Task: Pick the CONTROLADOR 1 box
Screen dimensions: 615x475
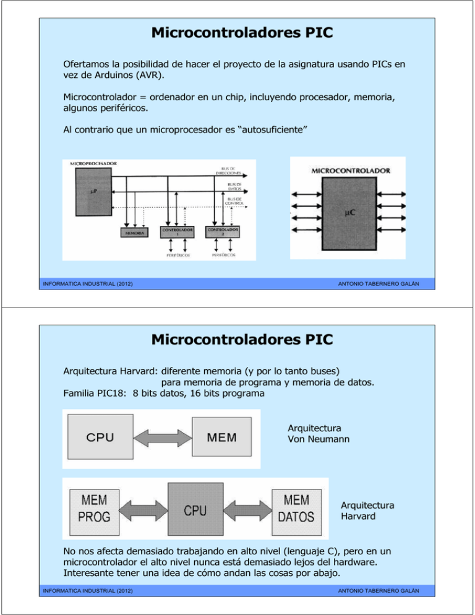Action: tap(178, 232)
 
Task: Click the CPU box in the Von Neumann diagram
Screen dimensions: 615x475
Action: tap(100, 438)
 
